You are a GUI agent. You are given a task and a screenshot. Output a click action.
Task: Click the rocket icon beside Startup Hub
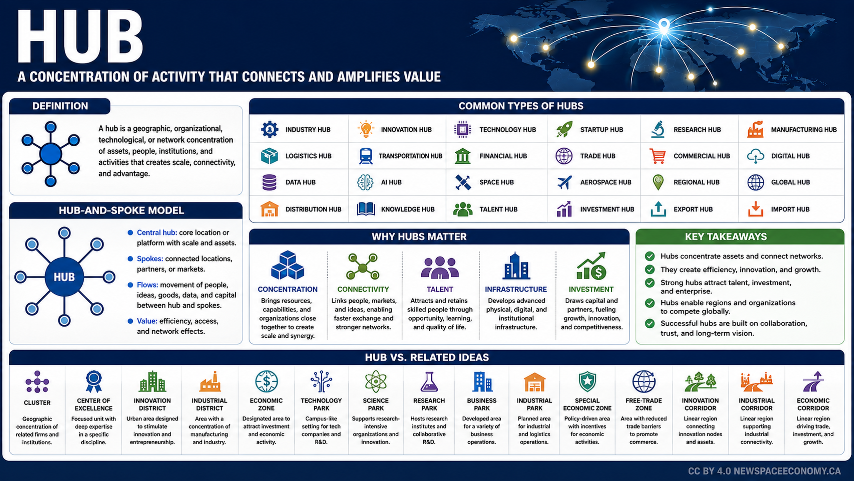click(x=564, y=129)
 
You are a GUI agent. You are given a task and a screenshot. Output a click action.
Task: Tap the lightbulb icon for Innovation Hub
click(x=366, y=129)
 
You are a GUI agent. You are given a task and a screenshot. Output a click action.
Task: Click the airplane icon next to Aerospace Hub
click(x=564, y=182)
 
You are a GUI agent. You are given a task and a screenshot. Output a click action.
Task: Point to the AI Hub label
click(x=391, y=182)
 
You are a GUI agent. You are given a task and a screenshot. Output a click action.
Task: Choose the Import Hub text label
click(x=790, y=209)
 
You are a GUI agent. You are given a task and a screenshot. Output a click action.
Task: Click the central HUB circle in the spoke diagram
click(x=64, y=277)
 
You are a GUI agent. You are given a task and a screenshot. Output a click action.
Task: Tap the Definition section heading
click(x=60, y=106)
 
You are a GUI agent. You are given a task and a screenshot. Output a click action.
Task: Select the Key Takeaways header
click(x=726, y=237)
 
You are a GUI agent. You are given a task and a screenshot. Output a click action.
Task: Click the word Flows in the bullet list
click(x=147, y=285)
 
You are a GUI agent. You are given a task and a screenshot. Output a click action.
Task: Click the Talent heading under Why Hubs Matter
click(x=440, y=289)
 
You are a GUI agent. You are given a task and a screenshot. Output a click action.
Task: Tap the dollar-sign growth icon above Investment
click(x=591, y=266)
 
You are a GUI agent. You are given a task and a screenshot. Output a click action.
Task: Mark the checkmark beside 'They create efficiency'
click(x=650, y=269)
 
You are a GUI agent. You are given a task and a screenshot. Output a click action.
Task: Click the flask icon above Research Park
click(x=429, y=382)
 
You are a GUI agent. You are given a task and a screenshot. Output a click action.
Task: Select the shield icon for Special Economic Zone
click(x=587, y=381)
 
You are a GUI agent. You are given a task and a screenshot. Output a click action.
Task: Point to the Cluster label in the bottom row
click(x=37, y=403)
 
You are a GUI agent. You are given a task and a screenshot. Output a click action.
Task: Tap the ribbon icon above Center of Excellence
click(x=94, y=381)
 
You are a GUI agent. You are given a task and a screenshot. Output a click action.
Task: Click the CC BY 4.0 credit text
click(x=764, y=471)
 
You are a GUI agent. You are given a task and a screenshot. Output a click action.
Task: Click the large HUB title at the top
click(x=80, y=37)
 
